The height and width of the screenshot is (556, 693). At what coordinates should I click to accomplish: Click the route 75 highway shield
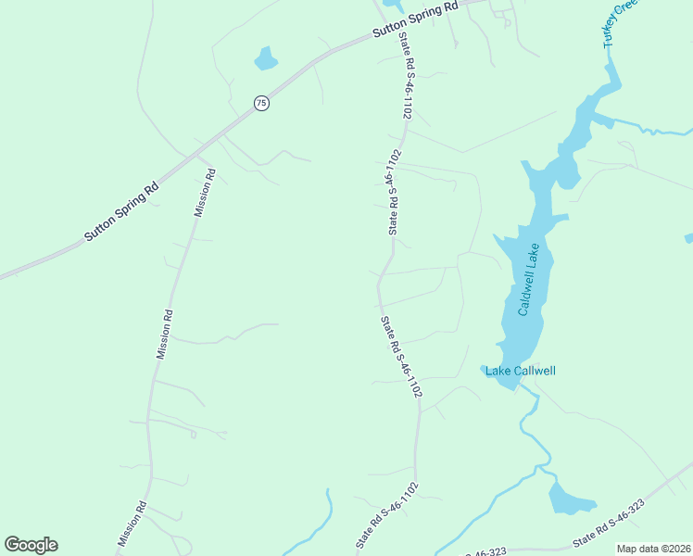point(261,104)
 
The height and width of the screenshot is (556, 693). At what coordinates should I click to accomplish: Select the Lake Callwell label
point(521,371)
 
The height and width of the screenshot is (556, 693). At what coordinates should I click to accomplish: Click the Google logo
point(31,545)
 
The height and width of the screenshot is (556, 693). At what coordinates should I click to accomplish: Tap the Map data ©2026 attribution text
point(653,549)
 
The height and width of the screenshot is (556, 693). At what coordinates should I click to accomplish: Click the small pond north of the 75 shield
point(266,59)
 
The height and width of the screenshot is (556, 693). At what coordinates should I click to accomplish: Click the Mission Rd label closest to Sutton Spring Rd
point(204,192)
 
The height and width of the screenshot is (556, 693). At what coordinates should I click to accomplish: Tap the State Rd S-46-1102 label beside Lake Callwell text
point(401,358)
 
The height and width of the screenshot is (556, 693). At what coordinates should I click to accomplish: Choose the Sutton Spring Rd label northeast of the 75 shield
point(416,19)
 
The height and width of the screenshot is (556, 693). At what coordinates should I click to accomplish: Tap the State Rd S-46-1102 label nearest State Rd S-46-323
point(387,514)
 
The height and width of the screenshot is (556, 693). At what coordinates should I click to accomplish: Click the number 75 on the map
point(261,104)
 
